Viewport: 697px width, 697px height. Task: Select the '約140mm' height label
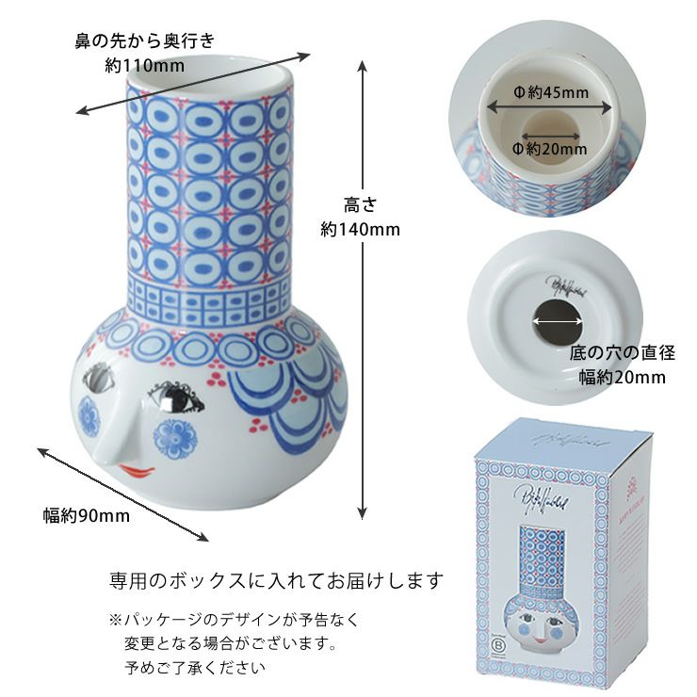[360, 229]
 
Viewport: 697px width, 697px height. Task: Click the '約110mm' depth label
[144, 66]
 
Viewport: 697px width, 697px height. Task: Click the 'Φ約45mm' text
[549, 92]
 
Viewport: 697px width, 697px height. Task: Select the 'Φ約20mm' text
[549, 149]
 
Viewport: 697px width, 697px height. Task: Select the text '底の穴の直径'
[622, 354]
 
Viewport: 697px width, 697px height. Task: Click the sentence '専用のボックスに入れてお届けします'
[276, 579]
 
